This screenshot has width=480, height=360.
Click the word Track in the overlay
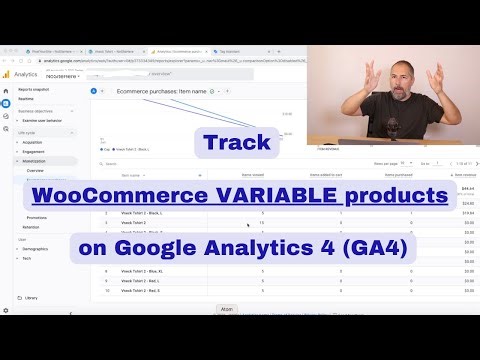(237, 143)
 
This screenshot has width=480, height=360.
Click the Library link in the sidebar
(31, 298)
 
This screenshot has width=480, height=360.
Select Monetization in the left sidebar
(36, 161)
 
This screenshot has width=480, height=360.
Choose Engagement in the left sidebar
(35, 151)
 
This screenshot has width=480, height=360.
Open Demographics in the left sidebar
(37, 248)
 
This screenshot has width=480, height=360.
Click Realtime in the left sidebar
(27, 99)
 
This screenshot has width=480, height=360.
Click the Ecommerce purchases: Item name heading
(159, 91)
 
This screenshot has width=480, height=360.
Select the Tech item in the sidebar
(28, 257)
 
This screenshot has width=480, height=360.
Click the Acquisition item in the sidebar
(35, 142)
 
